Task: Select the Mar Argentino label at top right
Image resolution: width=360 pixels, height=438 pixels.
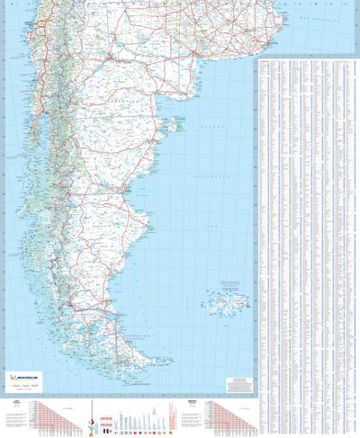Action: (x=316, y=18)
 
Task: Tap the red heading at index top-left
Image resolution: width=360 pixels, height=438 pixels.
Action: (x=266, y=60)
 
